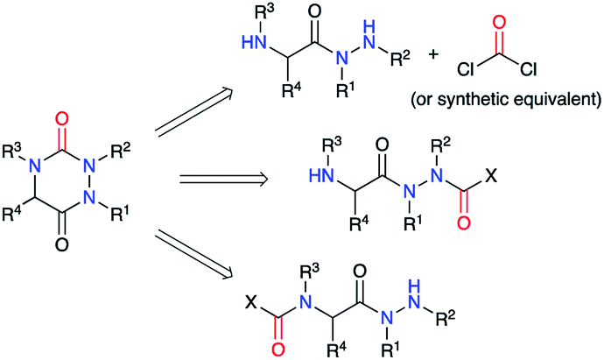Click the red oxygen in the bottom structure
pos(278,350)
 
